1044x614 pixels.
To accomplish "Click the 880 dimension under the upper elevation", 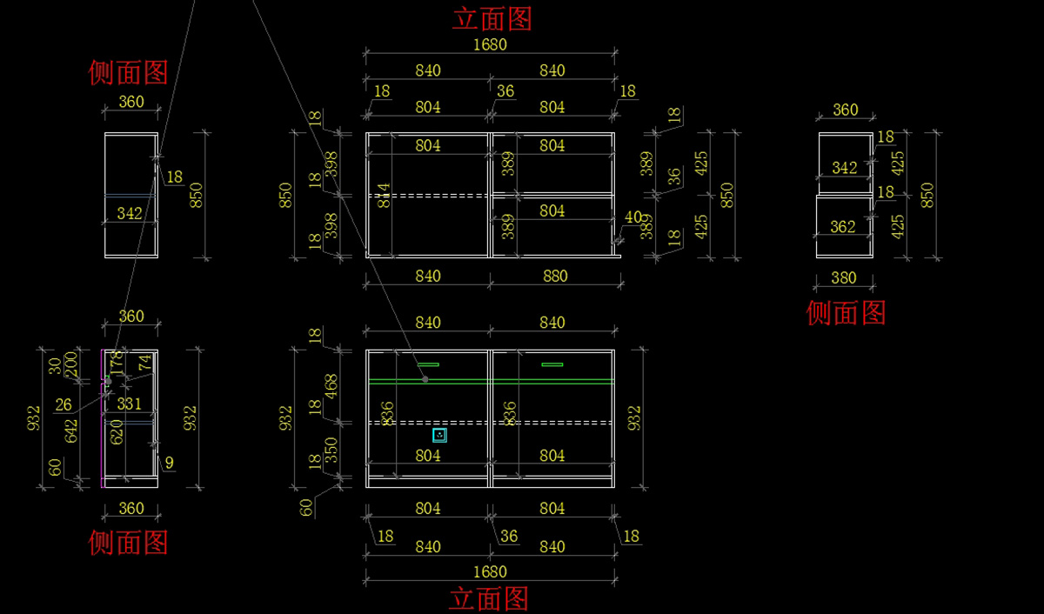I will coord(554,276).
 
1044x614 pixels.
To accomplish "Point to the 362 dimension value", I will coord(843,227).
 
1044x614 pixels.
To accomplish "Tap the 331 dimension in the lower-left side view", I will coord(129,404).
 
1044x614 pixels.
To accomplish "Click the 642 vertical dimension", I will coord(71,430).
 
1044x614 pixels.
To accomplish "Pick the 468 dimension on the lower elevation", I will coord(331,387).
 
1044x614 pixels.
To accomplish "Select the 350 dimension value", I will coord(331,449).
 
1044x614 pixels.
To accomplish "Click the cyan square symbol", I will coord(440,435).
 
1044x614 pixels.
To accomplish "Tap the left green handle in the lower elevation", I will coord(428,364).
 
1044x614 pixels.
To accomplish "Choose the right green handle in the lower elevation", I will coord(552,364).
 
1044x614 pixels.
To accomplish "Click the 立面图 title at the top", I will coord(492,17).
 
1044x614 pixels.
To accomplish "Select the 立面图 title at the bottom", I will coord(488,598).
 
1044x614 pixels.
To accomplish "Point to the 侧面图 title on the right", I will coord(846,313).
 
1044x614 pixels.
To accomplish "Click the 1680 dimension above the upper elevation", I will coord(490,44).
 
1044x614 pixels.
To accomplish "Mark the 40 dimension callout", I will coord(632,217).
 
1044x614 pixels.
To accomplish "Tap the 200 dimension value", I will coord(71,363).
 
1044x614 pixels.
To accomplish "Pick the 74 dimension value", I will coord(144,363).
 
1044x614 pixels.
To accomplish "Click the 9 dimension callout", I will coord(168,464).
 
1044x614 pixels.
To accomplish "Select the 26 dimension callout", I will coord(64,404).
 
